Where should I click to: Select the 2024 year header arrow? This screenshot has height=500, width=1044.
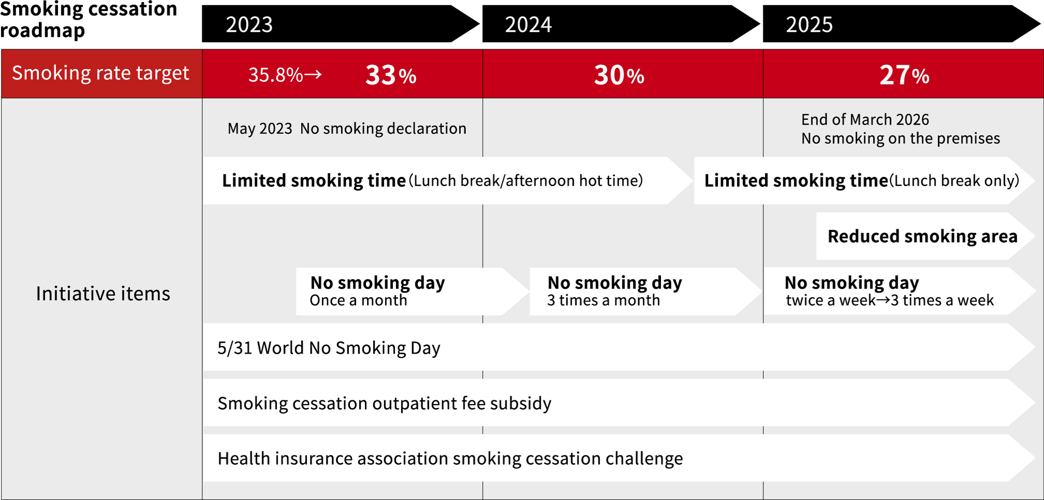[x=620, y=24]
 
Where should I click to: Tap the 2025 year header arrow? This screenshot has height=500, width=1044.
[x=901, y=24]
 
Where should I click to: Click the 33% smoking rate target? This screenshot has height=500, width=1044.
[x=391, y=75]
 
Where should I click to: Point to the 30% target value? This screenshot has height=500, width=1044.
[x=619, y=75]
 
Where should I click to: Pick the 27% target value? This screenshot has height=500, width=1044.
[x=904, y=75]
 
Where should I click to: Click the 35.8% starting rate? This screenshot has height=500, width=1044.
[x=275, y=75]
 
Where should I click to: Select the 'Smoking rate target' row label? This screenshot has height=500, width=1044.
[x=101, y=73]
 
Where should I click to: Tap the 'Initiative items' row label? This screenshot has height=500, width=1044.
[x=103, y=294]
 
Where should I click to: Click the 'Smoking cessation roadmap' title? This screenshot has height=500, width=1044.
[x=88, y=20]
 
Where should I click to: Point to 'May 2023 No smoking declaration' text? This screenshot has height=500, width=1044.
[x=347, y=129]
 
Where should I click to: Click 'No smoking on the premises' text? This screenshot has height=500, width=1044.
[x=900, y=138]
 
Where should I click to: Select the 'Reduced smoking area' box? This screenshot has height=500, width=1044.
[x=925, y=236]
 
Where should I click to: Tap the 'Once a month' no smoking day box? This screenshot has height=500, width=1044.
[x=412, y=291]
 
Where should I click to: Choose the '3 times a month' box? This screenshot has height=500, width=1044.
[x=645, y=291]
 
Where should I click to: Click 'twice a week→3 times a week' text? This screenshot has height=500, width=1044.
[x=890, y=300]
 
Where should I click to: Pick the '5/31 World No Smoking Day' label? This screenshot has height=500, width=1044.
[x=329, y=348]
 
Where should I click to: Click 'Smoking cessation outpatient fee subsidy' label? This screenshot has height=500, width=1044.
[x=384, y=404]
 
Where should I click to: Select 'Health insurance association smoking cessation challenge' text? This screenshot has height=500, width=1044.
[x=450, y=459]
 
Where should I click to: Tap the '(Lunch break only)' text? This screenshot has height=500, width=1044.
[x=954, y=180]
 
